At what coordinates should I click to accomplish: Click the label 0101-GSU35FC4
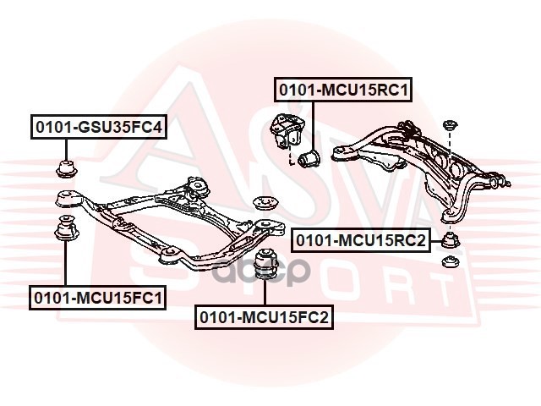(98, 128)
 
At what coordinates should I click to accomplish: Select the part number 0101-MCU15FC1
(98, 298)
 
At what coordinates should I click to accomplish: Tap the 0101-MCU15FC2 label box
(265, 317)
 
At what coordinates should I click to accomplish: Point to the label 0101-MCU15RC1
(342, 89)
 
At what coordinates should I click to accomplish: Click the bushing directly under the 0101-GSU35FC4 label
(65, 166)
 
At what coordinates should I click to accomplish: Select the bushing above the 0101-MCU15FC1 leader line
(65, 229)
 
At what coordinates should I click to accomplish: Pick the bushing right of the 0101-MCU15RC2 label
(451, 240)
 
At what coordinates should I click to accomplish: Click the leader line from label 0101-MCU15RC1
(309, 123)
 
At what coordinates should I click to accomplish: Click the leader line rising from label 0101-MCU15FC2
(265, 294)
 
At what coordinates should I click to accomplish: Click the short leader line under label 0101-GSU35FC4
(65, 146)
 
